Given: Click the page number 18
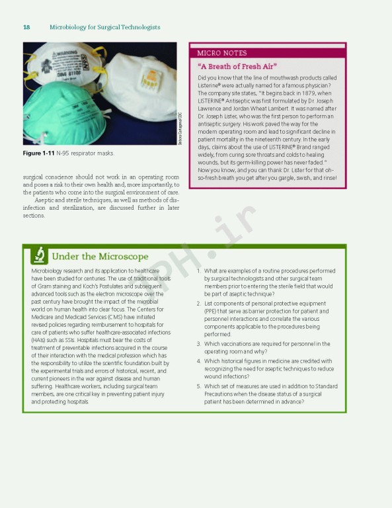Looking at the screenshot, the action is click(x=26, y=27).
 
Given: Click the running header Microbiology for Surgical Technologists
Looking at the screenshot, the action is click(x=104, y=27).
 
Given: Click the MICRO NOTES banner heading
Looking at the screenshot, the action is click(x=222, y=53).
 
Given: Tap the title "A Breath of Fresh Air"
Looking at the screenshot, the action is click(x=237, y=66).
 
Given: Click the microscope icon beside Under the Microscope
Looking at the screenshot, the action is click(x=39, y=255).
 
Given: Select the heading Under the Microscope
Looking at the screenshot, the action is click(x=100, y=256).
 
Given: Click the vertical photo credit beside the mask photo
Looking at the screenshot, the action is click(x=180, y=128).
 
